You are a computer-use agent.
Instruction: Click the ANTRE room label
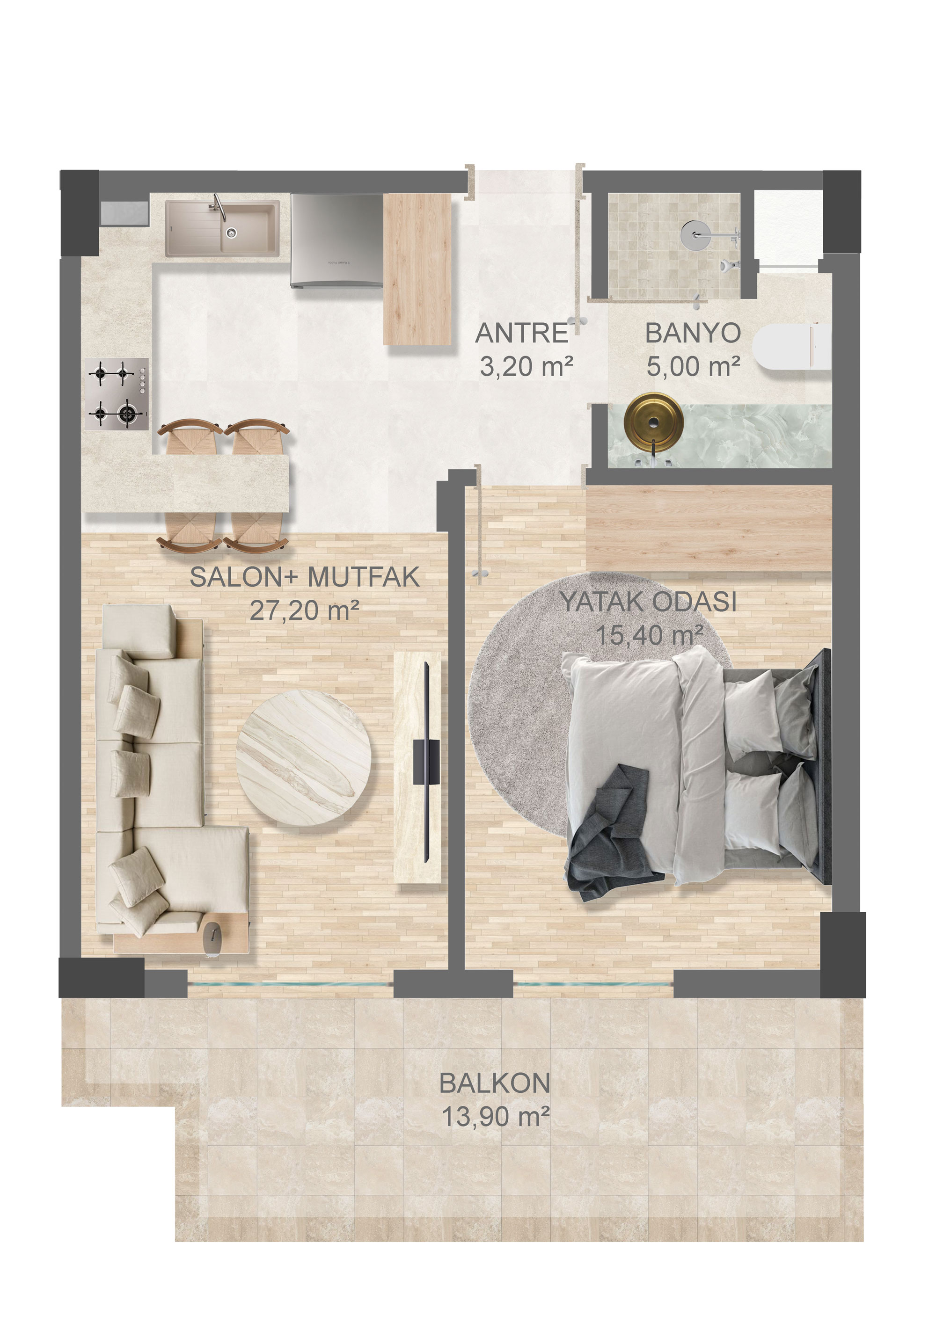click(x=522, y=334)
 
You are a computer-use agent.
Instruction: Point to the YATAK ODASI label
click(x=649, y=602)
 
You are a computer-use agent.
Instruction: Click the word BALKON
click(x=495, y=1083)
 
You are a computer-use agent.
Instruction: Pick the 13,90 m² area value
click(x=495, y=1117)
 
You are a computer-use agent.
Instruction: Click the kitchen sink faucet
click(x=219, y=207)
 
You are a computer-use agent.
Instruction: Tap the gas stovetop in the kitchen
click(x=117, y=394)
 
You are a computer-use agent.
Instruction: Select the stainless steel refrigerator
click(x=336, y=240)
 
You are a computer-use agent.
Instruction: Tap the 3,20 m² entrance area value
click(x=526, y=366)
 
